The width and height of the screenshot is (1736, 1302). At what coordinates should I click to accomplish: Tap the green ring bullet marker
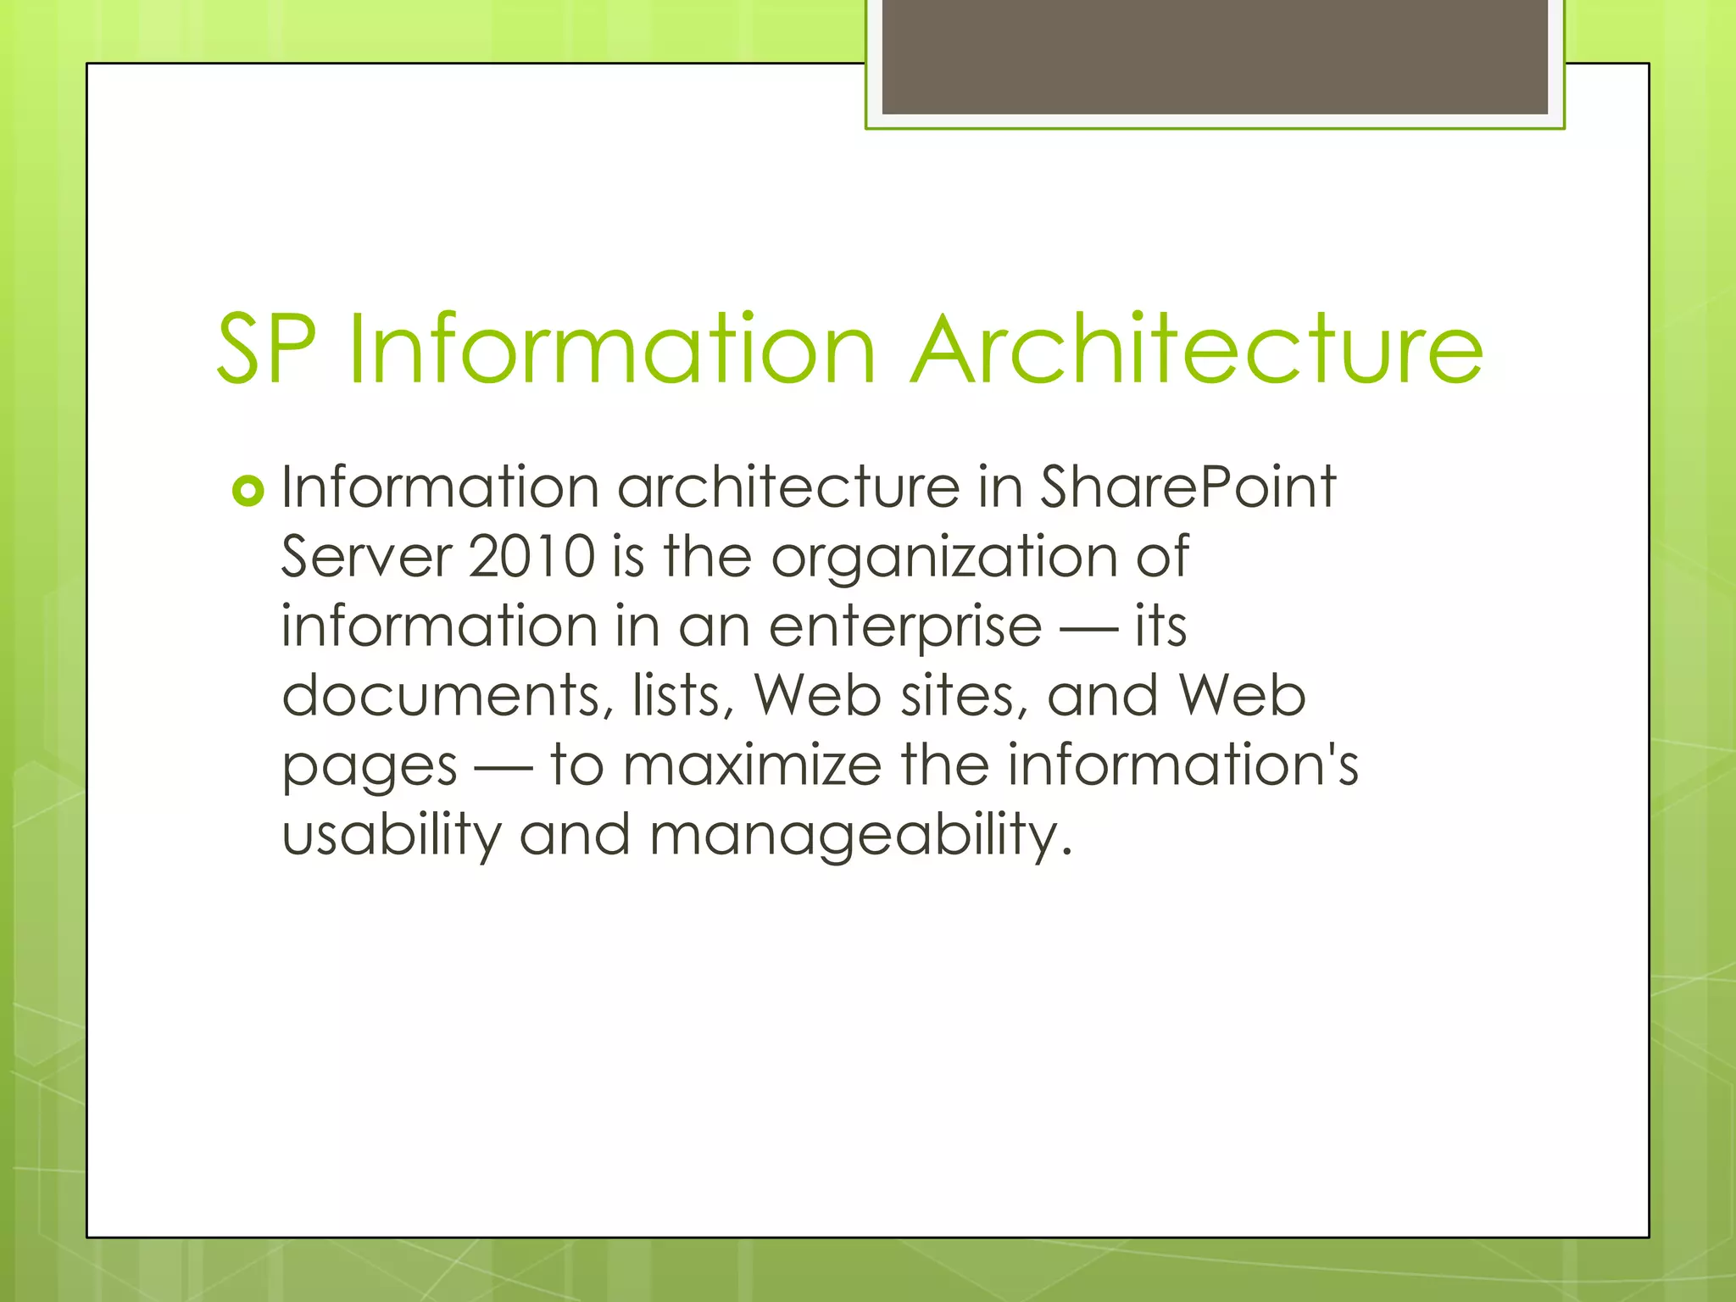coord(248,491)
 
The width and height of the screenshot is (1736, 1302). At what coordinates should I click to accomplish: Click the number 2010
coord(531,557)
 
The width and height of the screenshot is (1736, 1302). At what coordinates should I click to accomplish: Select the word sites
coord(963,696)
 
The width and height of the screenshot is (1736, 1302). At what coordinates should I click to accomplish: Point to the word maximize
coord(752,765)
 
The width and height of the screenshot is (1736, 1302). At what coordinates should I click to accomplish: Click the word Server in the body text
coord(366,557)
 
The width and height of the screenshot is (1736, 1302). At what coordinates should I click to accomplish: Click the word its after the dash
coord(1160,626)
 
